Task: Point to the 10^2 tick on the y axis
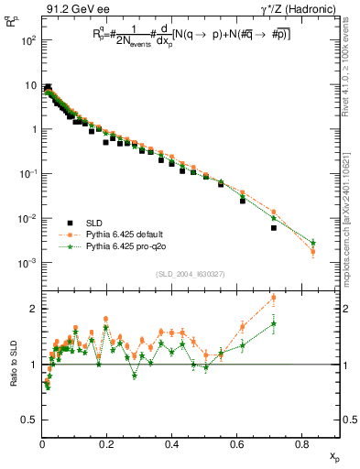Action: [x=28, y=40]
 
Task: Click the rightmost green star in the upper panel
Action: [x=313, y=243]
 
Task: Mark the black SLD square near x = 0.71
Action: [x=274, y=228]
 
